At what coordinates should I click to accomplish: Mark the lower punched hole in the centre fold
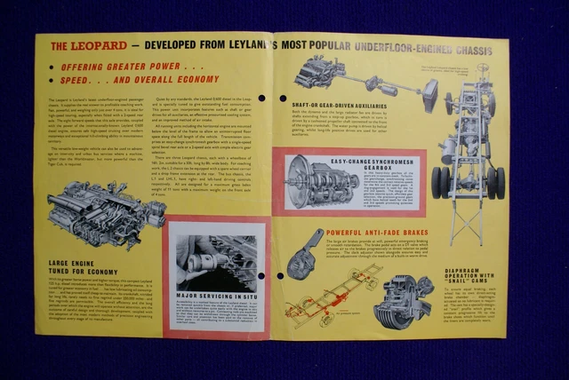pos(278,276)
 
